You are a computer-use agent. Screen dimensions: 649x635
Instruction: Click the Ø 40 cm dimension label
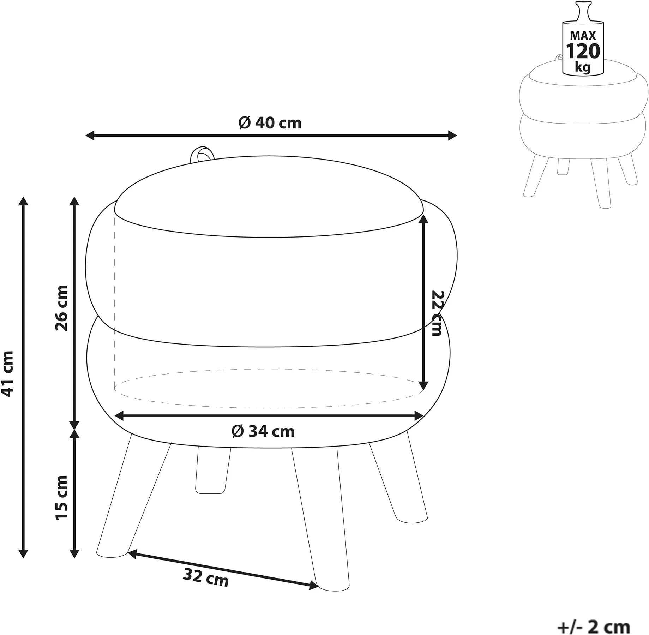pyautogui.click(x=270, y=123)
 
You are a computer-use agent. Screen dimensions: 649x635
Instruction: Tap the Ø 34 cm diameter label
pyautogui.click(x=263, y=431)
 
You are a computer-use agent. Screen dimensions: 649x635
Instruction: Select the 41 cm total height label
pyautogui.click(x=8, y=374)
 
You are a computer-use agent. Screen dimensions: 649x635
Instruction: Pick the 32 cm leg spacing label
pyautogui.click(x=206, y=577)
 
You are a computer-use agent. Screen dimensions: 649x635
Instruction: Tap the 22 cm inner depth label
pyautogui.click(x=437, y=313)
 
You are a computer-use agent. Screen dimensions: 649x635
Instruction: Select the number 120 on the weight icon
pyautogui.click(x=583, y=52)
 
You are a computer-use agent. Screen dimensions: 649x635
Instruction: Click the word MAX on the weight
pyautogui.click(x=583, y=36)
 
